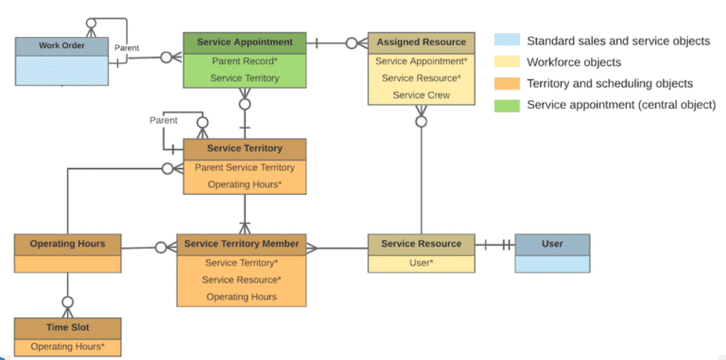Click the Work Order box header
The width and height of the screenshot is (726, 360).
coord(61,46)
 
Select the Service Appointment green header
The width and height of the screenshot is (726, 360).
coord(244,43)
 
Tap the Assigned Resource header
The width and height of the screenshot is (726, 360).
coord(421,43)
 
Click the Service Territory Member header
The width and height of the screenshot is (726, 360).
coord(241,244)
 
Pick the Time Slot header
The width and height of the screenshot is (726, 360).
coord(67,328)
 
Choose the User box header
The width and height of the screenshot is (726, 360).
coord(552,244)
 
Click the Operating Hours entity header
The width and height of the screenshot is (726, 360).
coord(67,244)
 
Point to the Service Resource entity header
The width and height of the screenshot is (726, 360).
coord(421,244)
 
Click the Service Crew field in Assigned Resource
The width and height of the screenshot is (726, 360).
coord(421,94)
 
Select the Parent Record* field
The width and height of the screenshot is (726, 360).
coord(244,60)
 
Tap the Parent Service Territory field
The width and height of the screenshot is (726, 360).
coord(244,167)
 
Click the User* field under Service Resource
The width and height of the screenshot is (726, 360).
coord(421,262)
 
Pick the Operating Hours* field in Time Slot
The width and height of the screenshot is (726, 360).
coord(67,347)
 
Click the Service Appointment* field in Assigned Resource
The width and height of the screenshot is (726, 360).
coord(421,60)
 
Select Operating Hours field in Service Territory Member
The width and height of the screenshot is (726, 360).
coord(241,296)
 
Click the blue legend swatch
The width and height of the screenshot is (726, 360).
coord(507,41)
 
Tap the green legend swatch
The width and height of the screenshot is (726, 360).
coord(507,104)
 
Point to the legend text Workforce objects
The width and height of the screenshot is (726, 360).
coord(573,62)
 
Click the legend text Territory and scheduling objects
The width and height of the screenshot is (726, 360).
coord(609,83)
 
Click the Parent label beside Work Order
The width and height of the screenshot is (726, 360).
coord(127,47)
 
